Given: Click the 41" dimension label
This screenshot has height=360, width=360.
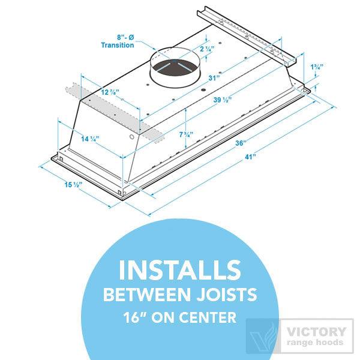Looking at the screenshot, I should point(250,157).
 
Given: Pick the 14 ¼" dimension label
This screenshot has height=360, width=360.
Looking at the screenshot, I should point(90,139).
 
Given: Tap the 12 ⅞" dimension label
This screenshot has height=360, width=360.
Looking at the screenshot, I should point(109,92).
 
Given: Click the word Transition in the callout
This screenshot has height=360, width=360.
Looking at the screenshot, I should point(117,45).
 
